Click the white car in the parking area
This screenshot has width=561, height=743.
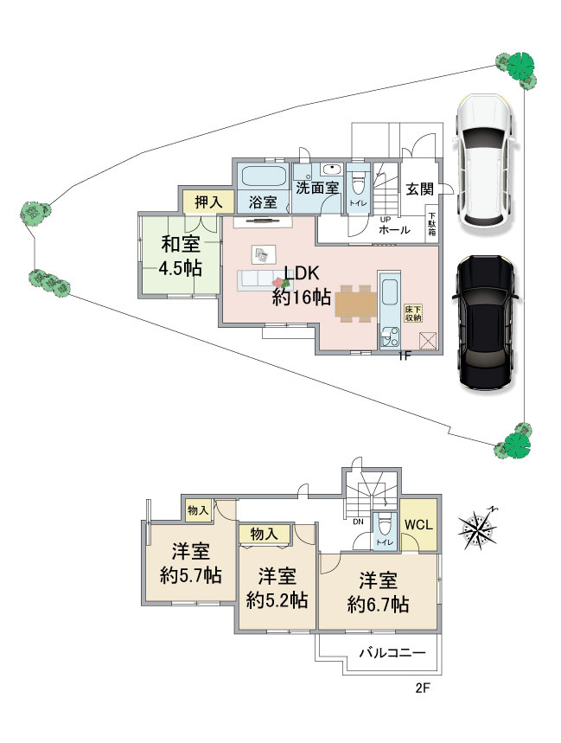[x=483, y=162]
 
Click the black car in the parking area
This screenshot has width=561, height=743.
[x=484, y=323]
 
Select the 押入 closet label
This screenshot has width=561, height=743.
[x=209, y=202]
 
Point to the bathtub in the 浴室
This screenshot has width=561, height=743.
[x=265, y=177]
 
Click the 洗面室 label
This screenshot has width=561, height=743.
[x=316, y=188]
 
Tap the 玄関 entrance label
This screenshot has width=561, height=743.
[x=419, y=189]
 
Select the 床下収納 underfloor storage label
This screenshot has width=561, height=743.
[x=413, y=314]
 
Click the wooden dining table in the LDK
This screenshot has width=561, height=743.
[x=355, y=304]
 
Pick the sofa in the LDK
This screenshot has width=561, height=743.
[x=258, y=279]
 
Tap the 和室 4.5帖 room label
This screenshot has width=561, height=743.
[x=181, y=256]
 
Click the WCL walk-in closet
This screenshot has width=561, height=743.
[x=419, y=524]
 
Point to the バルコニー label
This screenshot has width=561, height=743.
[x=392, y=652]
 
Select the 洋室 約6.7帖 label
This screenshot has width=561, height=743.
[x=378, y=592]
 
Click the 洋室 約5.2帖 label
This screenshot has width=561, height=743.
[x=277, y=587]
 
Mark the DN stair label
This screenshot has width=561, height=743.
[x=358, y=522]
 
